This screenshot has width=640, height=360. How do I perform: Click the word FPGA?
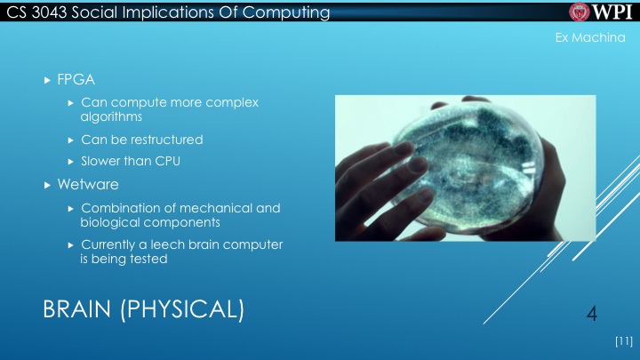point(76,81)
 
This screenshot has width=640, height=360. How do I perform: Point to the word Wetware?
point(88,185)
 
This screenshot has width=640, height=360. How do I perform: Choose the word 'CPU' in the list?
point(179,162)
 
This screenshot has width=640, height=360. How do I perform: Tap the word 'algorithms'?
point(111,116)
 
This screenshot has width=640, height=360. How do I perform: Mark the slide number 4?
point(591,313)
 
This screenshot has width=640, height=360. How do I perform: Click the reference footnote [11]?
point(622,340)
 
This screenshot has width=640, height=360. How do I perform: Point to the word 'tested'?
point(147,260)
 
